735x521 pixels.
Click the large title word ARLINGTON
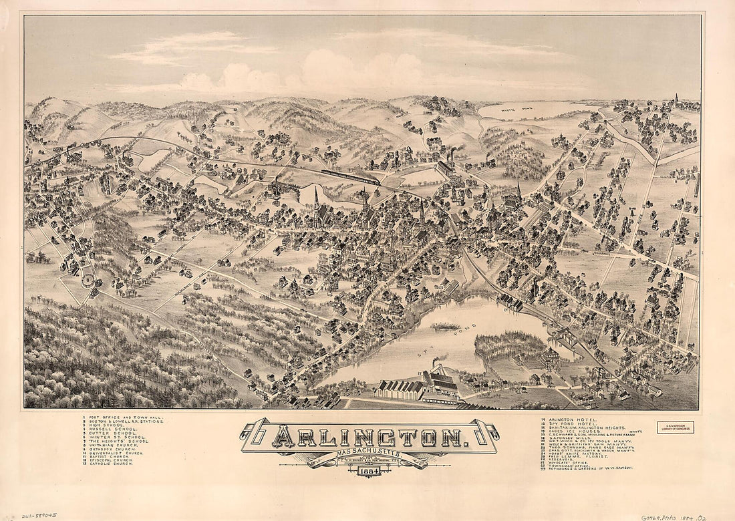pyautogui.click(x=370, y=438)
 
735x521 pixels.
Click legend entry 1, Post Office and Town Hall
pyautogui.click(x=124, y=417)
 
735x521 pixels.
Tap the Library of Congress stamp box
pyautogui.click(x=676, y=427)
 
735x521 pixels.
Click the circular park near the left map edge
pyautogui.click(x=88, y=280)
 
